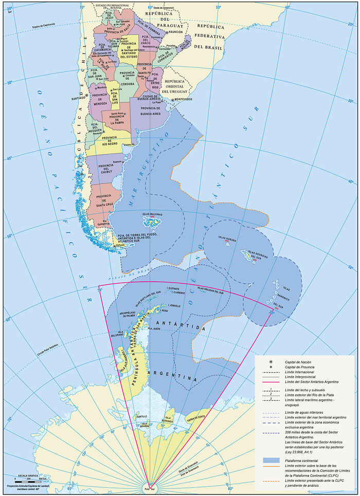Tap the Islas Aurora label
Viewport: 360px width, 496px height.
(x=227, y=238)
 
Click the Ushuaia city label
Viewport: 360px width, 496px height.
(x=120, y=246)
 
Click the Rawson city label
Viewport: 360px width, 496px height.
(x=117, y=161)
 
